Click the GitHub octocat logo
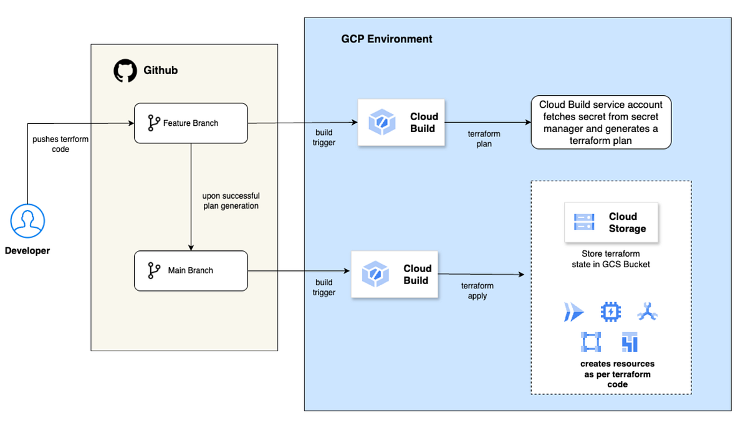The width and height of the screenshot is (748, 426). tap(125, 71)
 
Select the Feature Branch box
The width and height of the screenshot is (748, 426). tap(191, 123)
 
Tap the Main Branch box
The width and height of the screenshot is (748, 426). tap(191, 270)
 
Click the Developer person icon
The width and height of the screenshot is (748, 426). tap(28, 220)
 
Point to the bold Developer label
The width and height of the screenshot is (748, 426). tap(27, 251)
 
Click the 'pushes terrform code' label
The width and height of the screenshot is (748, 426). tap(60, 144)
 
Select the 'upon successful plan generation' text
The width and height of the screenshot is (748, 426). tap(231, 201)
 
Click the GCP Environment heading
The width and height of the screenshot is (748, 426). tap(386, 39)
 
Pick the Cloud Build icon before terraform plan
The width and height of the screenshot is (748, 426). tap(380, 122)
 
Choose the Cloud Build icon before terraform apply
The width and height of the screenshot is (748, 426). tap(375, 274)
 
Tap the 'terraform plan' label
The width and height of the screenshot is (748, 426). tap(484, 139)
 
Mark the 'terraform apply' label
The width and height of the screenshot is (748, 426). tap(477, 291)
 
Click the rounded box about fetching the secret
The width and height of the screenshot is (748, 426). tap(601, 122)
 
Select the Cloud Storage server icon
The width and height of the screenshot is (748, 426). tap(584, 222)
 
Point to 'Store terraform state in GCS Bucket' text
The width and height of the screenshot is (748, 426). tap(610, 259)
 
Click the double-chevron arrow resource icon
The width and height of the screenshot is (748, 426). tap(573, 312)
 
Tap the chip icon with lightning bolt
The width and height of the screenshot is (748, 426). tap(611, 311)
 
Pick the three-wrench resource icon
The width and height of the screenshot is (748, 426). tap(648, 312)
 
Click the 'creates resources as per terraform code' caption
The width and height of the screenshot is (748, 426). tap(617, 374)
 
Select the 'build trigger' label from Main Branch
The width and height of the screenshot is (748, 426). tap(324, 287)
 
